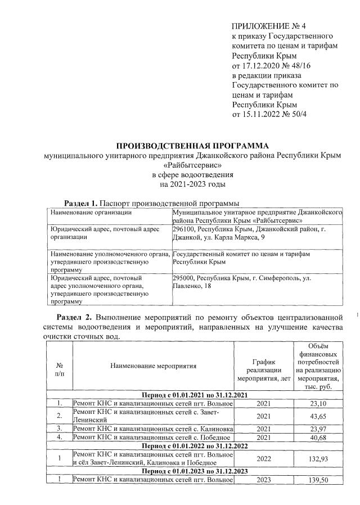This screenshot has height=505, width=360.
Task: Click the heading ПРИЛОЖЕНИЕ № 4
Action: (x=270, y=26)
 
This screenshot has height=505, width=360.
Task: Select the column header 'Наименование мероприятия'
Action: (x=153, y=366)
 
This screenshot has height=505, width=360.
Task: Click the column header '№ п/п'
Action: (x=59, y=369)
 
